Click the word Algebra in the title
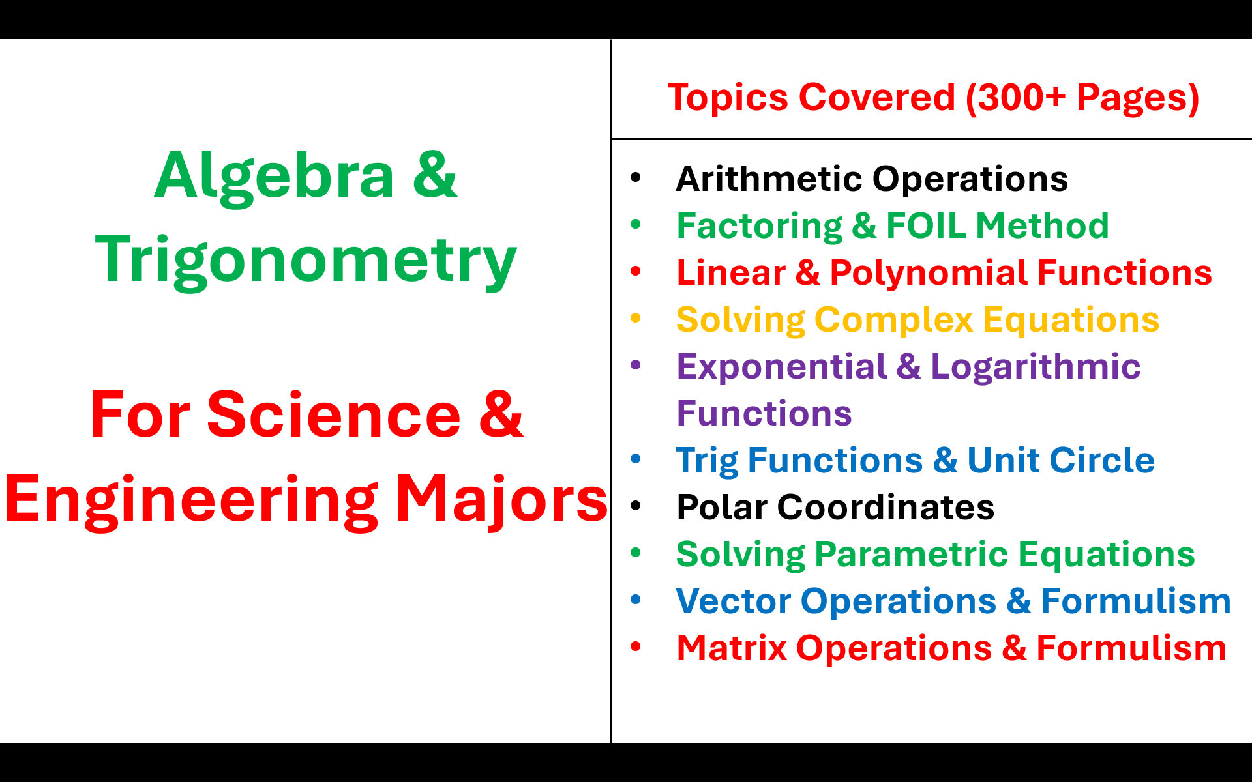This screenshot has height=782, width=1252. point(275,176)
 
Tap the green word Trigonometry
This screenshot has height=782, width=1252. point(306,261)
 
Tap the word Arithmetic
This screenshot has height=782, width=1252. point(769,179)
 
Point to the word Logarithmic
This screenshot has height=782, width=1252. point(1036,367)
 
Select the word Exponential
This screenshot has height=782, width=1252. point(781,368)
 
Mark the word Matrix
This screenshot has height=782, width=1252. point(732,648)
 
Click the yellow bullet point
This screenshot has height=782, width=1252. point(636,319)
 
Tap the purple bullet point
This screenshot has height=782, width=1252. point(636,366)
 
